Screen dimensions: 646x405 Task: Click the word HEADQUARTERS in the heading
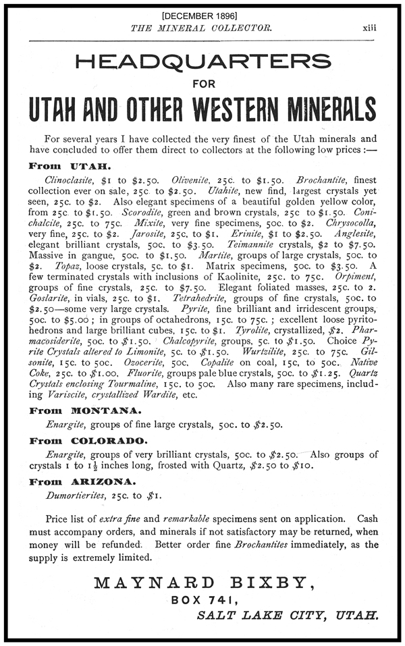(x=203, y=62)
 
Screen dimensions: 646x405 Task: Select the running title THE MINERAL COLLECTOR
(x=202, y=28)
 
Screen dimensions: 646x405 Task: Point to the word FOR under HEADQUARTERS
(x=202, y=85)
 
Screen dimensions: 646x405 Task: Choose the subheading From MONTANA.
(x=85, y=410)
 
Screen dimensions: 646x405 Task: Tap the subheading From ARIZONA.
(x=82, y=482)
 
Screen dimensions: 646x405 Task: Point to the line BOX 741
(x=202, y=599)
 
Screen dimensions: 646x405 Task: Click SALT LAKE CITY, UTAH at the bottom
(x=286, y=615)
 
